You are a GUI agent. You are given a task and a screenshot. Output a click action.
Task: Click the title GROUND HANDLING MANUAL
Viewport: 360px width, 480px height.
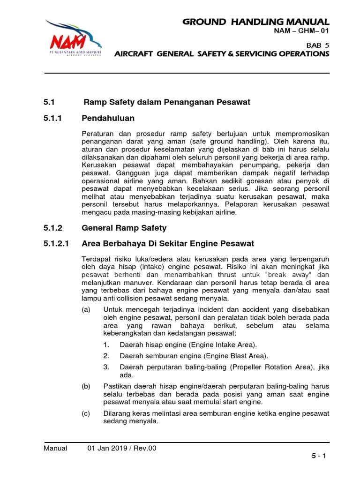(256, 22)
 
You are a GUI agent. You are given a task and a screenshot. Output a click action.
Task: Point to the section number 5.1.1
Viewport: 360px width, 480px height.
(52, 118)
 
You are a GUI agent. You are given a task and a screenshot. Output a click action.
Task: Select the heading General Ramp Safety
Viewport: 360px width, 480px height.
(124, 228)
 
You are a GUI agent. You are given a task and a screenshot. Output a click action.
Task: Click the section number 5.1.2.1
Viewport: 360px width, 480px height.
(56, 244)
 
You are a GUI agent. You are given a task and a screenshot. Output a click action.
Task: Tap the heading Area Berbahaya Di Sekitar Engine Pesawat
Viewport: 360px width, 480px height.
(168, 244)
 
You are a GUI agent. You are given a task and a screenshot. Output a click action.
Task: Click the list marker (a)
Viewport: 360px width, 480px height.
(87, 309)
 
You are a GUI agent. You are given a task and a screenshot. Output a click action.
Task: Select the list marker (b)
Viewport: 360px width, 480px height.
(87, 386)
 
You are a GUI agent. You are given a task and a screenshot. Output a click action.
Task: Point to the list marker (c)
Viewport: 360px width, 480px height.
(87, 413)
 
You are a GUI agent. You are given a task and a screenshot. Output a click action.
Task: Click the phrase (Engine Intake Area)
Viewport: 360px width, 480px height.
(218, 345)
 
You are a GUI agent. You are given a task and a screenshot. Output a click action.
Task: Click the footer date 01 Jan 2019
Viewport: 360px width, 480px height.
(109, 448)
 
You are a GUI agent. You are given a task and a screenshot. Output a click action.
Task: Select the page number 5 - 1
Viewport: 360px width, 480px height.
(320, 456)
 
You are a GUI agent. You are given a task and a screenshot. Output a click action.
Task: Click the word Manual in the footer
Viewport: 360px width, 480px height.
(55, 448)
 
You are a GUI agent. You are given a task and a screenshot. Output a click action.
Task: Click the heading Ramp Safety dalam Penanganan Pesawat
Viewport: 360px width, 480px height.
(167, 102)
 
